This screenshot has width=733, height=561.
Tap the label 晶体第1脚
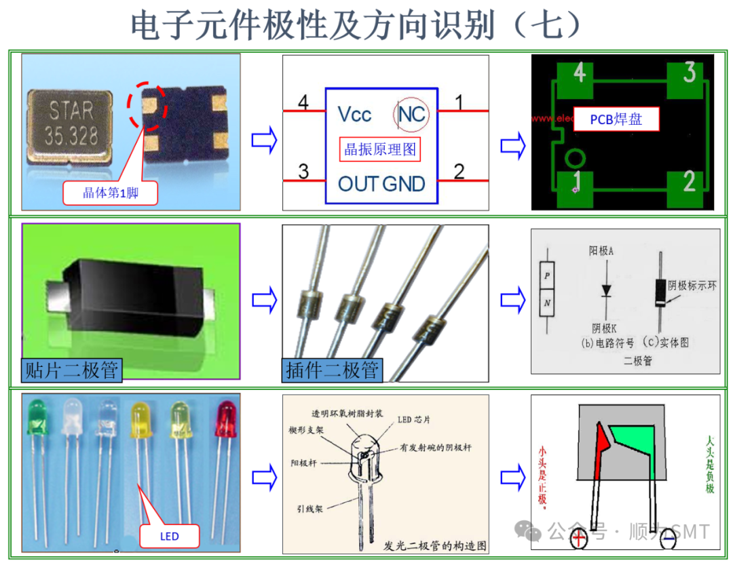111,193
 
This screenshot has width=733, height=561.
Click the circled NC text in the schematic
411,114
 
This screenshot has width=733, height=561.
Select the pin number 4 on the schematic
303,103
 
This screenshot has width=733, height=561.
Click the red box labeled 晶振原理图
380,149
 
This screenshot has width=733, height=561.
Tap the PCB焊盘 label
616,119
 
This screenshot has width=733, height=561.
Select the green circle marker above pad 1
575,159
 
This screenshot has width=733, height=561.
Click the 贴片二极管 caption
71,370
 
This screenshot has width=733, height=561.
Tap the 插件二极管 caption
332,370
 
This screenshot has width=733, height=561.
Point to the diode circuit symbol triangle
605,290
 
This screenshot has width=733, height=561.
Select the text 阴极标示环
692,286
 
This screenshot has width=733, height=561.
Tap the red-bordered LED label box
170,536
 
